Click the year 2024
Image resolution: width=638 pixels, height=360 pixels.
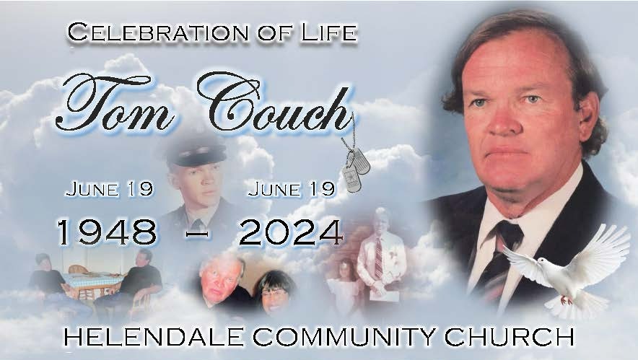[290, 231]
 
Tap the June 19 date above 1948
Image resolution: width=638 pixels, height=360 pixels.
[109, 190]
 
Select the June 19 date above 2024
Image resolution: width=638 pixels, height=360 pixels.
[291, 190]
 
